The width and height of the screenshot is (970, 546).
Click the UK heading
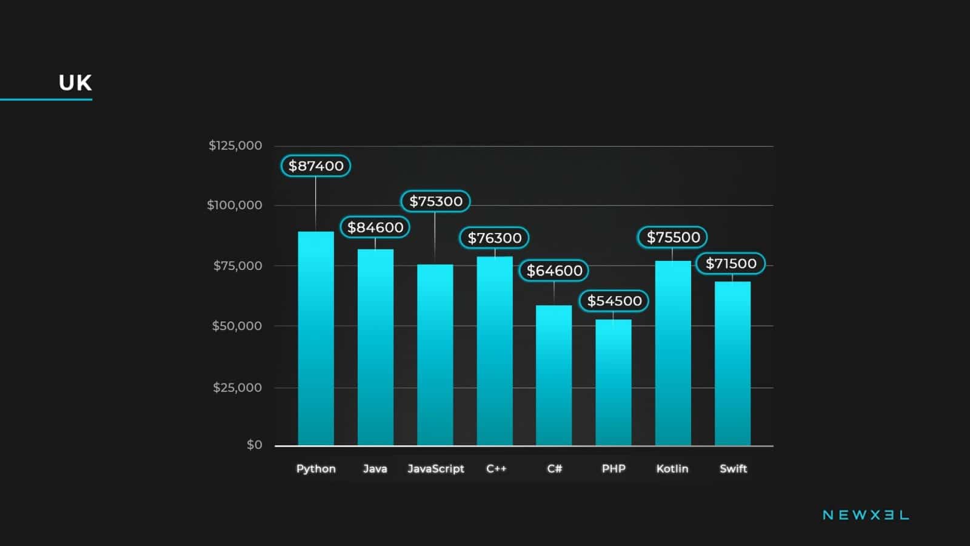click(x=75, y=83)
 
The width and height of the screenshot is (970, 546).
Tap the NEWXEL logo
click(x=865, y=515)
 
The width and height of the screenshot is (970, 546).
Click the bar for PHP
click(x=613, y=382)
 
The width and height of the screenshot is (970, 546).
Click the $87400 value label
click(x=316, y=166)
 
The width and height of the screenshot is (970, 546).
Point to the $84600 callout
click(x=375, y=227)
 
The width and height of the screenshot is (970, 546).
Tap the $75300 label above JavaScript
click(x=435, y=201)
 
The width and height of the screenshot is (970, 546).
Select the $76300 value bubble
click(x=494, y=238)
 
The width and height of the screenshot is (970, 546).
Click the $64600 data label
click(x=554, y=271)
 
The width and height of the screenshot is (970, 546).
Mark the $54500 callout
click(x=614, y=301)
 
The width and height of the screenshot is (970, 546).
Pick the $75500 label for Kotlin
click(x=673, y=237)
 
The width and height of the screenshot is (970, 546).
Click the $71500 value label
click(x=731, y=263)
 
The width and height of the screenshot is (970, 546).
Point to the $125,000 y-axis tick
click(x=235, y=146)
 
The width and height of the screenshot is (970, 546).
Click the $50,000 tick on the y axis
click(x=236, y=326)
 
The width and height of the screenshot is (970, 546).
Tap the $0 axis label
click(x=255, y=445)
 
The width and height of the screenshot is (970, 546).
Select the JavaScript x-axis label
click(x=435, y=468)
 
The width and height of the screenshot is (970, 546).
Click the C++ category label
click(x=496, y=468)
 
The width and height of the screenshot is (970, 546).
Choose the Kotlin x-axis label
click(x=672, y=468)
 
